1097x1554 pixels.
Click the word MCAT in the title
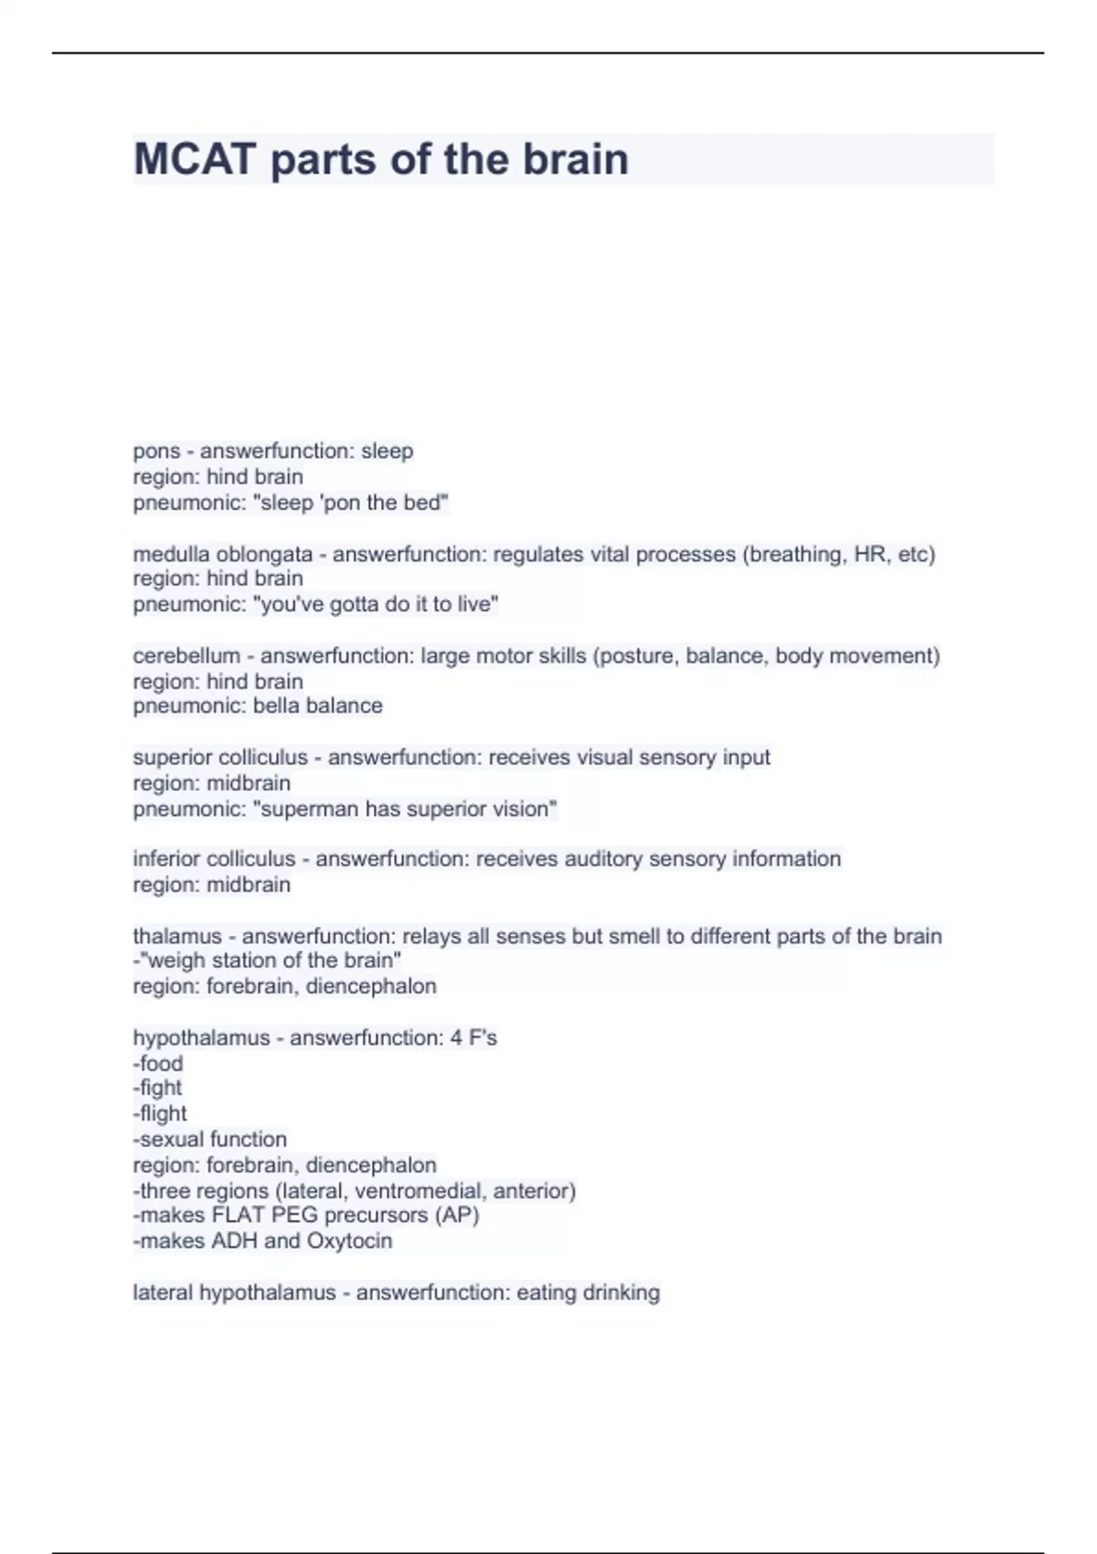194,160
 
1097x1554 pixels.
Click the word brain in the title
575,160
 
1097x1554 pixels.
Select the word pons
156,452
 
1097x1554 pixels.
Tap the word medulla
171,554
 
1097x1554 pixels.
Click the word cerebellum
186,656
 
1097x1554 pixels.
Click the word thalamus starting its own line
176,936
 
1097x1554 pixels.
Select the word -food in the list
158,1063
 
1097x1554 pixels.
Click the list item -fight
157,1088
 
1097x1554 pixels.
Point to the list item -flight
160,1113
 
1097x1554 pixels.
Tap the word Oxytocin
349,1241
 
